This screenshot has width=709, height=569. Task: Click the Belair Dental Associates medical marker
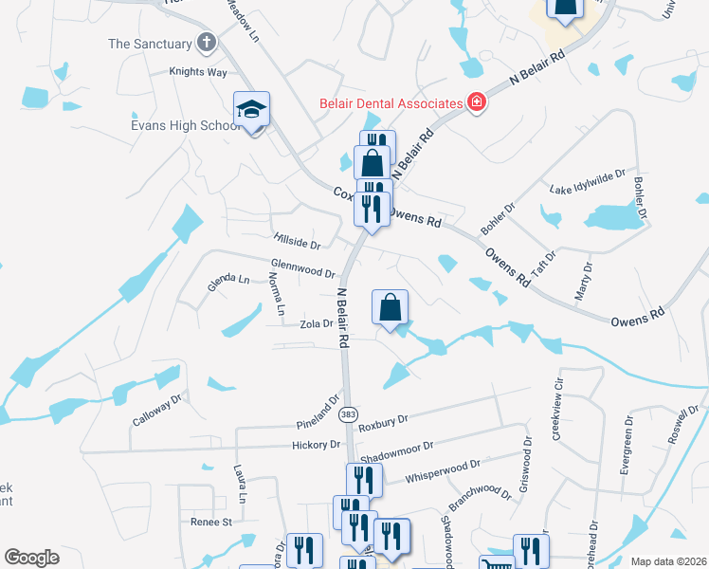476,102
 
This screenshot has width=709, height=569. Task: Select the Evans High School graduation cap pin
252,111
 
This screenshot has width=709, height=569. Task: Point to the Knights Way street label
198,71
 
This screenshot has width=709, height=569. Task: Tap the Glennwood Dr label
303,270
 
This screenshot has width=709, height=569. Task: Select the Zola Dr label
317,323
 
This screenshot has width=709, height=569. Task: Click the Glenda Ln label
228,281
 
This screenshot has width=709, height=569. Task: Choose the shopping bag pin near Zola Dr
390,308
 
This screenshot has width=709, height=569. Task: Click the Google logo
31,558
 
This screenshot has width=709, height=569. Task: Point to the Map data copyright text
667,561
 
